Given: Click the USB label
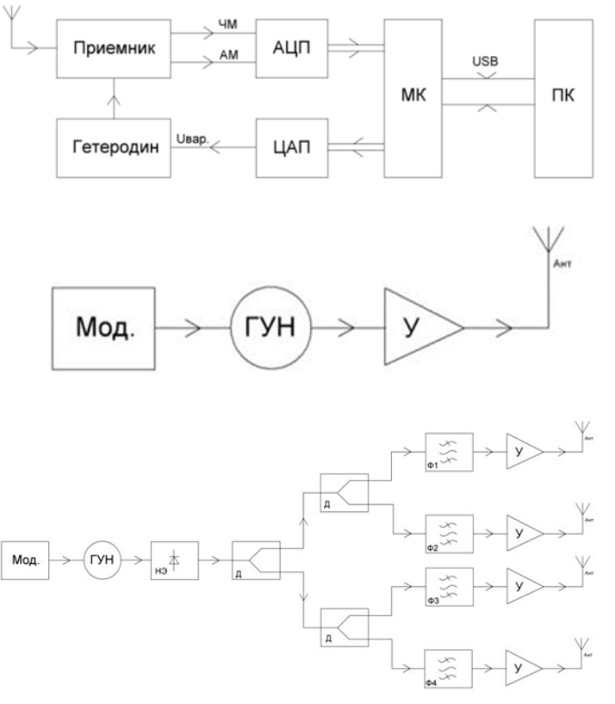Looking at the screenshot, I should pyautogui.click(x=486, y=63).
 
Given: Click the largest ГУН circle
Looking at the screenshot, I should pyautogui.click(x=269, y=329).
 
